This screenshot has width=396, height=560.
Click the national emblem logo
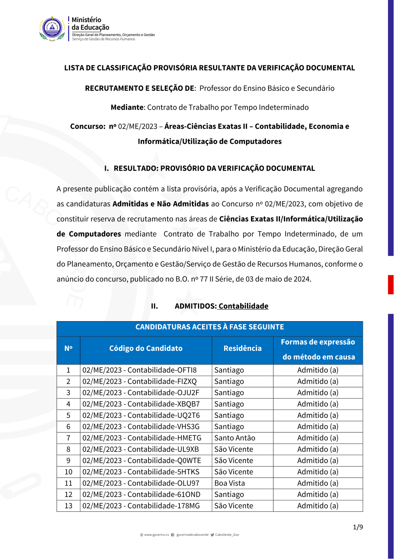click(52, 29)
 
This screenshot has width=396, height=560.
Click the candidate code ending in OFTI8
click(139, 370)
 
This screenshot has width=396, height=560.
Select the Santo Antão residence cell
click(235, 438)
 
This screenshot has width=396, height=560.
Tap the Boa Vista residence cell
click(230, 483)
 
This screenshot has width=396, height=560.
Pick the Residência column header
click(242, 349)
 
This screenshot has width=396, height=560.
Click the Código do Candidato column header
click(146, 349)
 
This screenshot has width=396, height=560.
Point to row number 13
click(69, 506)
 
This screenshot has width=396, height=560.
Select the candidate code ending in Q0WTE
click(142, 461)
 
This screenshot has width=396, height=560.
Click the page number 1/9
click(358, 527)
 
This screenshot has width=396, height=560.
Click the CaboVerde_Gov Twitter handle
click(227, 535)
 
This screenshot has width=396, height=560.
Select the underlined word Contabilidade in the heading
click(243, 306)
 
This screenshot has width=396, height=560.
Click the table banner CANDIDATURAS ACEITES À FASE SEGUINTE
click(209, 327)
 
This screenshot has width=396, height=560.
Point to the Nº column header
click(69, 349)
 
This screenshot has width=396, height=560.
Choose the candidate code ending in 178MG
click(141, 506)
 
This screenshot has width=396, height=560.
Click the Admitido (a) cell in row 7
click(318, 438)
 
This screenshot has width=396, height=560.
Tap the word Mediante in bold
click(127, 107)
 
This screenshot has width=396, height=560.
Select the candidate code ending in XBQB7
click(141, 404)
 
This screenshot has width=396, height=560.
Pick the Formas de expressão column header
click(318, 349)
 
